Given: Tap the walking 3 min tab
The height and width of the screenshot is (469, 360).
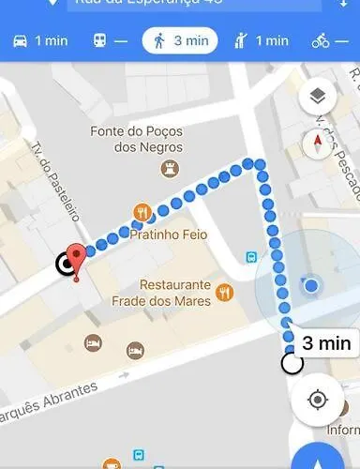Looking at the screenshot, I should click(180, 41).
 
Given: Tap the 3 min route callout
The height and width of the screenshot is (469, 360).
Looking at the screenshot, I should click(325, 342).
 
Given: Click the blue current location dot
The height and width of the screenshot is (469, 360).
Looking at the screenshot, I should click(311, 284).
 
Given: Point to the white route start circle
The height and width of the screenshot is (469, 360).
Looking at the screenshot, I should click(292, 363).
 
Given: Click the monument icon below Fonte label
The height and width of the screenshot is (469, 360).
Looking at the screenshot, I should click(171, 167).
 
